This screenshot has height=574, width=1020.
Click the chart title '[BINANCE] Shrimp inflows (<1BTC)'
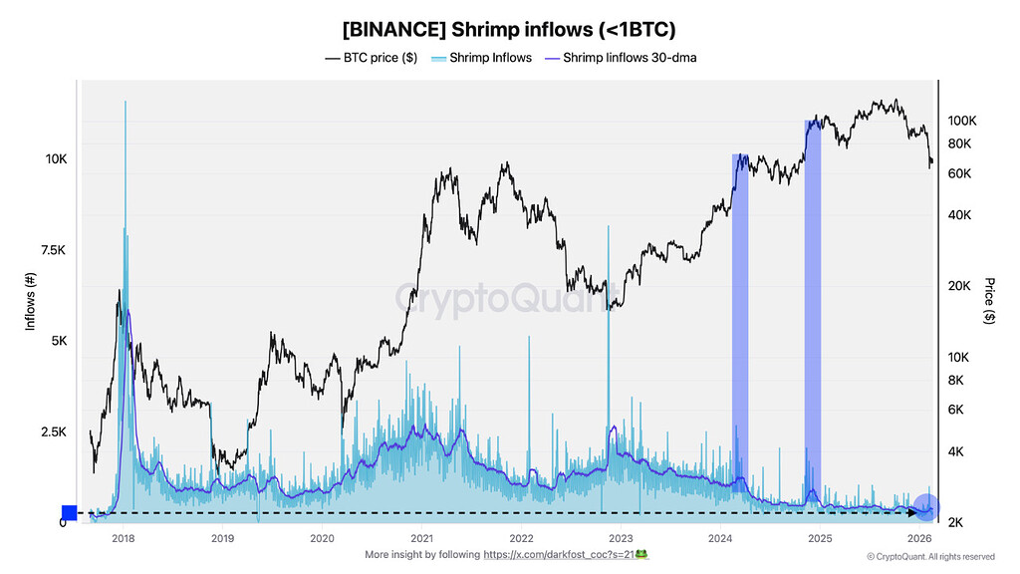509,30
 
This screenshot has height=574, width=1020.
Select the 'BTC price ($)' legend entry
371,58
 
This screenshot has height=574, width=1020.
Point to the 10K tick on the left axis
55,159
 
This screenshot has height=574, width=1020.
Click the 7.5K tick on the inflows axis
53,250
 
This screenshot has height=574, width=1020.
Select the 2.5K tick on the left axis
53,432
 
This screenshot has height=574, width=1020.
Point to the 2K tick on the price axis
954,522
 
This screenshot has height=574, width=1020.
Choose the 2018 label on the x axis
124,538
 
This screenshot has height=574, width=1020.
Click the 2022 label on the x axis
520,538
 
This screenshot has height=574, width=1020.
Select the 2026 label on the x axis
918,538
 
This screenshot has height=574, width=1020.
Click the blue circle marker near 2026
926,507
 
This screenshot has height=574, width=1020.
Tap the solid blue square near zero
69,512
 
